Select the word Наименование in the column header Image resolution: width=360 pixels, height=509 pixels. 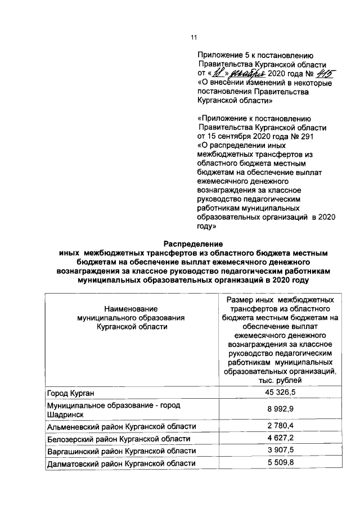point(131,309)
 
